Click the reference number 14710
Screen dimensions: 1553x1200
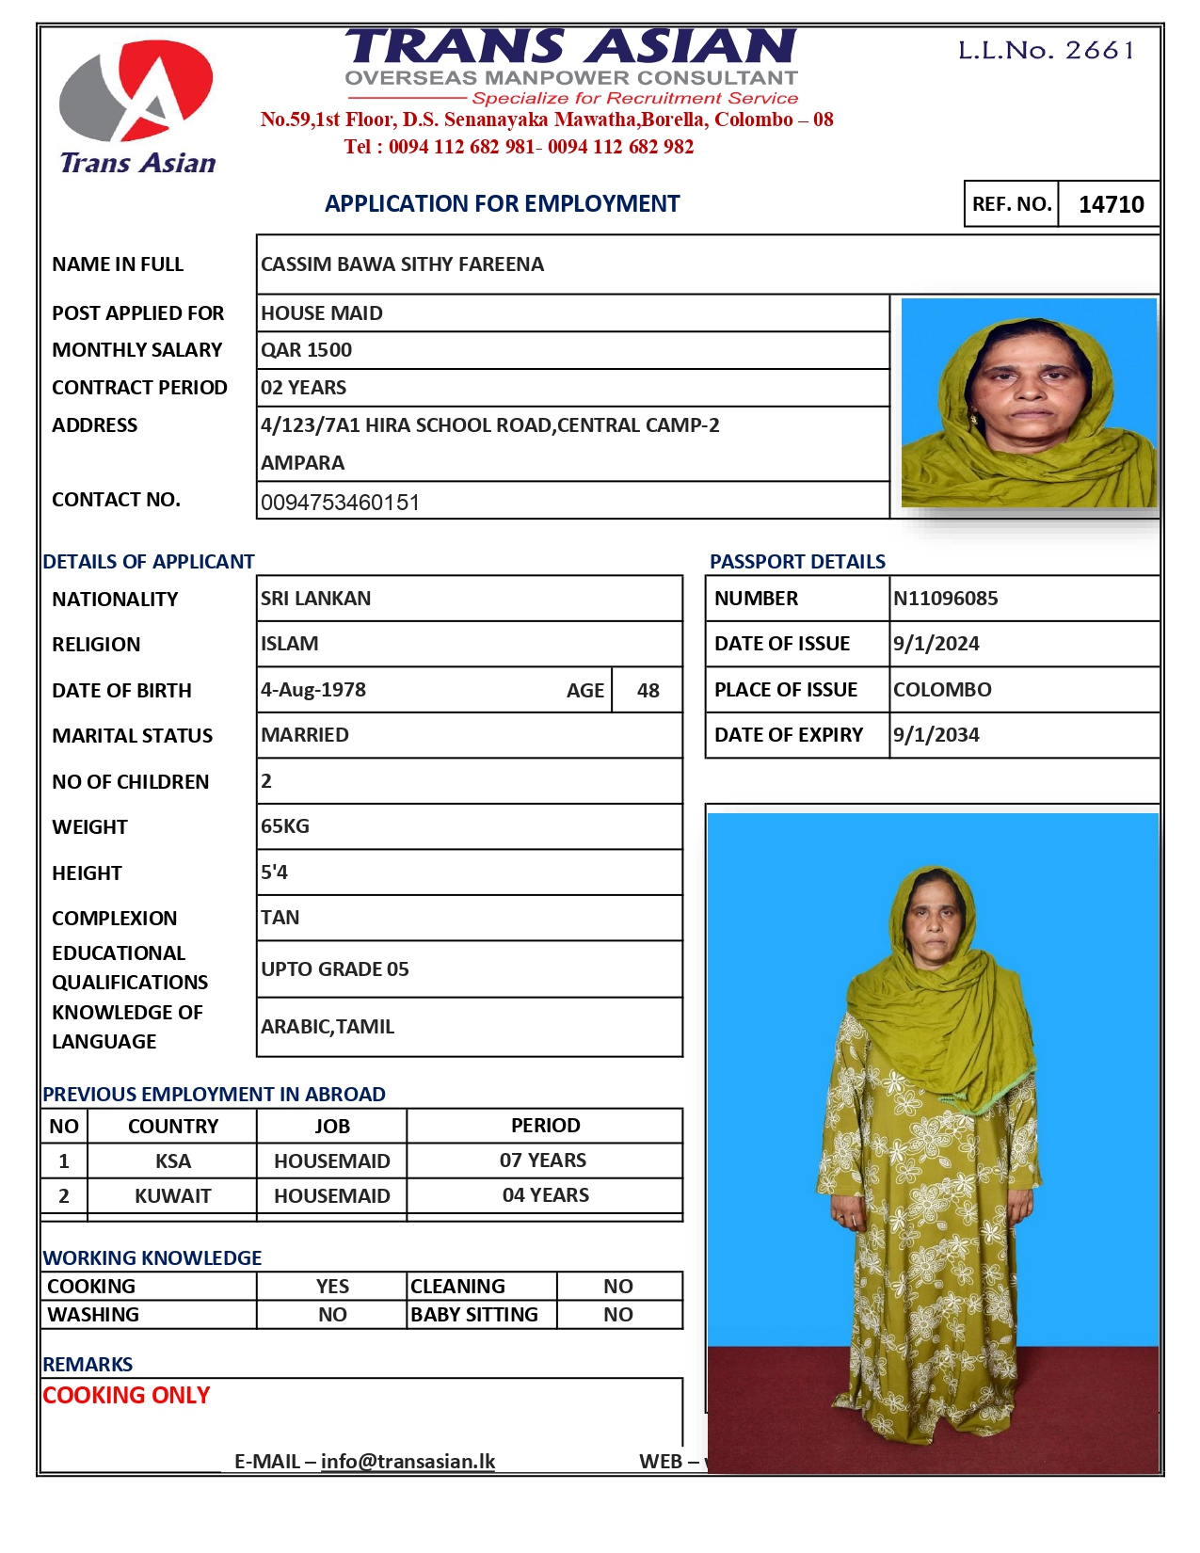pos(1111,204)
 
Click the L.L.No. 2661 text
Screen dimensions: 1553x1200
pos(1046,50)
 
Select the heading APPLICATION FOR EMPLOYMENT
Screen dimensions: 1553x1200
pos(502,203)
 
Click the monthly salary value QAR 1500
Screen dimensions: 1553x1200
pos(307,350)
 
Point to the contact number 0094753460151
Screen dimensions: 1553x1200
pos(340,503)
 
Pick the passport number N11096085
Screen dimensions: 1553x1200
pos(945,599)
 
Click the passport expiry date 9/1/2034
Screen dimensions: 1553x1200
pos(936,735)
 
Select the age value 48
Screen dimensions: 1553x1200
pos(648,691)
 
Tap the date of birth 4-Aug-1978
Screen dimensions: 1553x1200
pos(313,690)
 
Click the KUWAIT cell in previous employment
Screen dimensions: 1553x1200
pos(172,1196)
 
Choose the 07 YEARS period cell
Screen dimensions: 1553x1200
pos(543,1161)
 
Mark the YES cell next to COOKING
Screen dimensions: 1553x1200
pos(332,1287)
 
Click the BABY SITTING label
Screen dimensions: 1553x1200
pos(474,1315)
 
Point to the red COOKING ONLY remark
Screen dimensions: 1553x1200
pos(126,1396)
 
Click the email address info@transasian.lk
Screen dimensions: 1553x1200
pos(408,1462)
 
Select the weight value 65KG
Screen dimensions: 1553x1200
pos(285,826)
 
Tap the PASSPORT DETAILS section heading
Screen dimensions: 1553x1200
pos(797,562)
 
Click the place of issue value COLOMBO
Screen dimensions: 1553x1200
pos(942,690)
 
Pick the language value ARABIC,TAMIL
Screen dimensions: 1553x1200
pos(328,1027)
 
